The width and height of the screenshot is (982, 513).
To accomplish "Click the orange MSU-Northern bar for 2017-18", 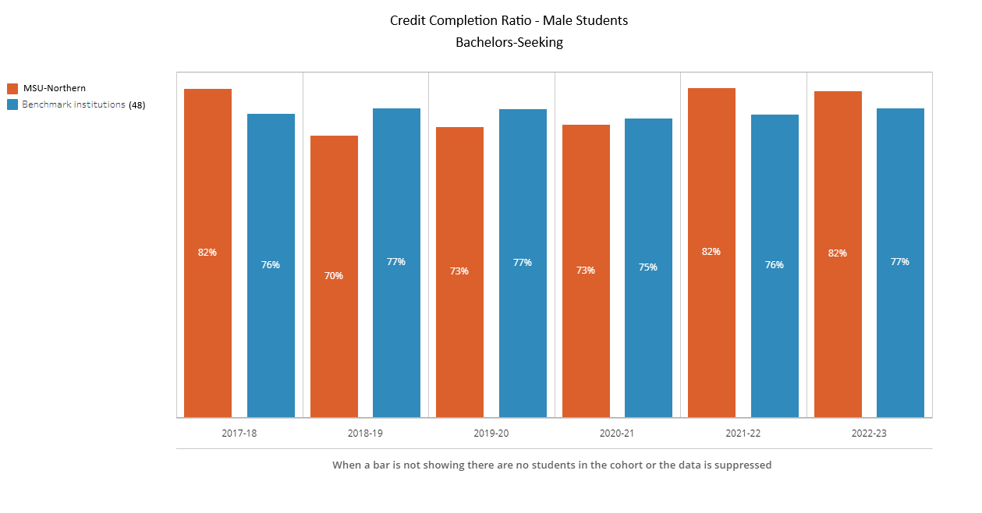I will tap(207, 253).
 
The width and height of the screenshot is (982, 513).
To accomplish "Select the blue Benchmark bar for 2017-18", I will tap(271, 265).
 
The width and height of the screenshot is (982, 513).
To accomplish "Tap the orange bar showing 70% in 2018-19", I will tap(334, 276).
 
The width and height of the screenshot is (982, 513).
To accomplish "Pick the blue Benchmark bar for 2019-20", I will tap(523, 263).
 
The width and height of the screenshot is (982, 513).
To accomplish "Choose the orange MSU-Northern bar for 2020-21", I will tap(586, 271).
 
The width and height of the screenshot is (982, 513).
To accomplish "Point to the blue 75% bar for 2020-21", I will tap(648, 267).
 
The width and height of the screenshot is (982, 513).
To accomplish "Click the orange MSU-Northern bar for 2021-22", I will tap(711, 252).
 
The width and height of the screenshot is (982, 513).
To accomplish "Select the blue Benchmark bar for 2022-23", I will tap(900, 262).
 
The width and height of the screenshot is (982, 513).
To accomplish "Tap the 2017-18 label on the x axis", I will tap(239, 433).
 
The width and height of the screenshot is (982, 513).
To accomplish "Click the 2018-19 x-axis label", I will tap(365, 433).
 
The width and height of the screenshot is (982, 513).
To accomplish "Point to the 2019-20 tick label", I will tap(491, 433).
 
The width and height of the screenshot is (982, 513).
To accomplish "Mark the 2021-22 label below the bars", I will tap(743, 433).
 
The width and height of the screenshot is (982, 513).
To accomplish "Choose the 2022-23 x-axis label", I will tap(869, 433).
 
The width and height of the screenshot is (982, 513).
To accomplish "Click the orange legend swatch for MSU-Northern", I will tap(12, 89).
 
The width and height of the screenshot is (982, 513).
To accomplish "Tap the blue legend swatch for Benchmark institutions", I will tap(12, 104).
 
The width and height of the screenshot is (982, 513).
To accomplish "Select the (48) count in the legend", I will tap(137, 104).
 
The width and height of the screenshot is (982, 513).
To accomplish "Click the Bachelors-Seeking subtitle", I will tap(509, 43).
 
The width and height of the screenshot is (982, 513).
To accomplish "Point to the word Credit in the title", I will tap(407, 20).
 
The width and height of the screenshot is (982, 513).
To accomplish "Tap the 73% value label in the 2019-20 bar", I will tap(459, 271).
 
